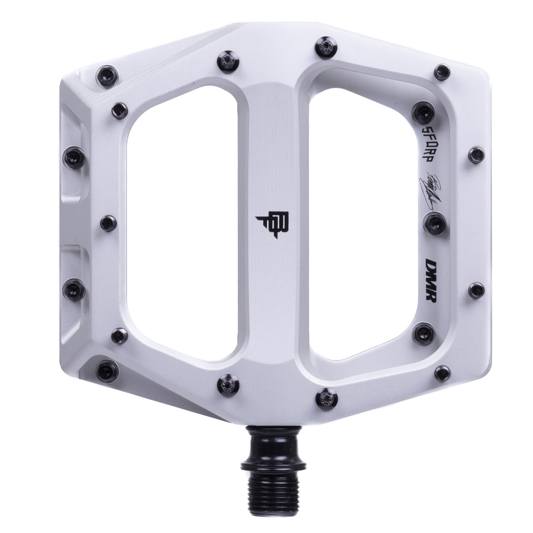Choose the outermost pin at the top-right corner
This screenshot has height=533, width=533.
[442, 72]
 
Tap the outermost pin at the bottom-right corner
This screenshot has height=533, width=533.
[442, 373]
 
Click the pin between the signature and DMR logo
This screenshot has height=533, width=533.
[435, 223]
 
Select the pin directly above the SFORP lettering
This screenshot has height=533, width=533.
[424, 113]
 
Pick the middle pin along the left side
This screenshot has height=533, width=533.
[109, 223]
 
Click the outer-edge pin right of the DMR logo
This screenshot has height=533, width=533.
[477, 290]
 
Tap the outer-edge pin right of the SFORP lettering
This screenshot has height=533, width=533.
[477, 155]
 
